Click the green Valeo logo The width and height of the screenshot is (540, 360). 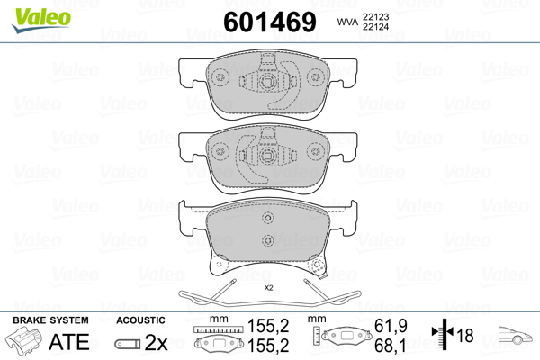coord(41,20)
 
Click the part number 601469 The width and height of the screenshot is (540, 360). coord(270,22)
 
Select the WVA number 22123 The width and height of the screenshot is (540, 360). coord(375,16)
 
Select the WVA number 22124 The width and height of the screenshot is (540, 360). coord(375,26)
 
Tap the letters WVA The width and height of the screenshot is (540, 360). coord(347,22)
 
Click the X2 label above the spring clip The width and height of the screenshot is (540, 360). coord(268,288)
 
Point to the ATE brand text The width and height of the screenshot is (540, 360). coord(69,341)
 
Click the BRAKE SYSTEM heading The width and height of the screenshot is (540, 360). coord(50,320)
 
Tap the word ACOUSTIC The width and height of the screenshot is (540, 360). coord(140,320)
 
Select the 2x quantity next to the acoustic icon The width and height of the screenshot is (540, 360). coord(156,342)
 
